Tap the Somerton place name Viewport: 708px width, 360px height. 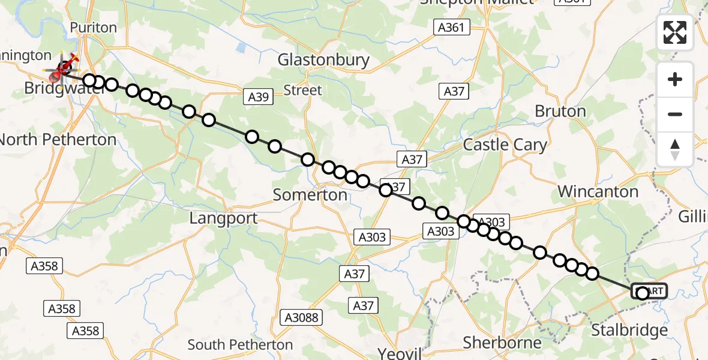click(310, 195)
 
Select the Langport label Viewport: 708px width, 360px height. click(223, 218)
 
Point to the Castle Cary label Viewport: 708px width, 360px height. click(505, 145)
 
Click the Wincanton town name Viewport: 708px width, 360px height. click(598, 192)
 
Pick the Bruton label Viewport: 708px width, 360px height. click(559, 112)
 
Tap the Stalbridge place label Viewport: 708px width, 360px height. click(629, 330)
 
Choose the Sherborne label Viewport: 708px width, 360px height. click(502, 343)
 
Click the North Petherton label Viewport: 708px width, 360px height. click(58, 140)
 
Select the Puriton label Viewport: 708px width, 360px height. click(93, 28)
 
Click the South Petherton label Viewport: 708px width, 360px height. click(240, 345)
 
